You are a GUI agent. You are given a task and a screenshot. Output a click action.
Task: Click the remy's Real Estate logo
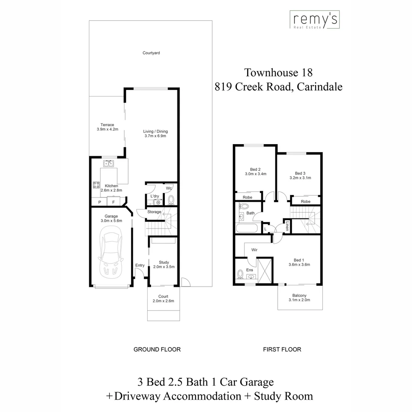pos(314,20)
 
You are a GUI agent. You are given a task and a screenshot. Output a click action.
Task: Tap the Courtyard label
pos(151,53)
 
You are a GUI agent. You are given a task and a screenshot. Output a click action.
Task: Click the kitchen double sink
pos(109,164)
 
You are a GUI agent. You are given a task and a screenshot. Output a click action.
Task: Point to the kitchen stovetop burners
pos(96,185)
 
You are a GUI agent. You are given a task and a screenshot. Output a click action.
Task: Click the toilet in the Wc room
pos(171,200)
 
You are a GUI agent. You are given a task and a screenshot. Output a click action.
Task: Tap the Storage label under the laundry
pos(154,212)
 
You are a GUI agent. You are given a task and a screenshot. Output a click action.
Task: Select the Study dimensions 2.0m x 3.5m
pos(164,267)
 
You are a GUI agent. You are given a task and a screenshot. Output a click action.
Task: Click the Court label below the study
pos(163,296)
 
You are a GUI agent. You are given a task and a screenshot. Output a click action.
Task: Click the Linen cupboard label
pos(287,227)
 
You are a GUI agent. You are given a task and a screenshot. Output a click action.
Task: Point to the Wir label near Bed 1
pos(254,250)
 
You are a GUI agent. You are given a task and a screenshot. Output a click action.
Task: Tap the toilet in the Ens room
pos(240,274)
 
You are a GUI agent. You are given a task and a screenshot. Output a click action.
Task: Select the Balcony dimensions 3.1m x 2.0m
pos(299,300)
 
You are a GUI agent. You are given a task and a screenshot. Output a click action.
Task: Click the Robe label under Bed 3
pos(305,201)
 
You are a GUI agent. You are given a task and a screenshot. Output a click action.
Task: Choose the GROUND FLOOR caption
pos(157,349)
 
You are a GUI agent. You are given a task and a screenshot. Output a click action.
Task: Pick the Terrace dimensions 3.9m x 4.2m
pos(108,129)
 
